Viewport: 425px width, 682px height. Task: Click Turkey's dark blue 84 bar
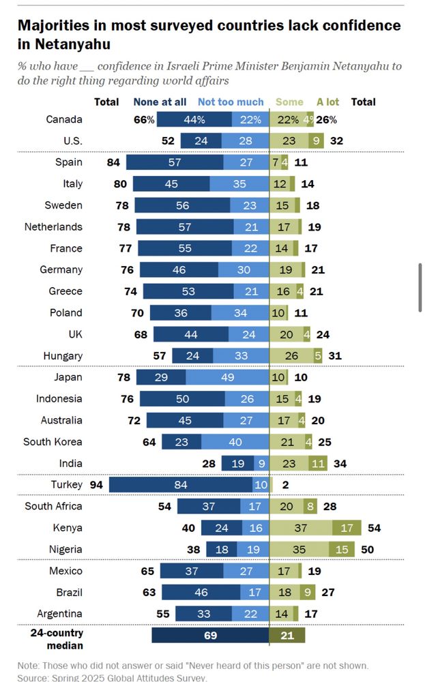[181, 484]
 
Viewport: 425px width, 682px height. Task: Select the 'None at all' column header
[160, 102]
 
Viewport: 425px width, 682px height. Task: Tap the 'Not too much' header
[231, 102]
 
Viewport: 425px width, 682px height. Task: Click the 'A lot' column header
[327, 102]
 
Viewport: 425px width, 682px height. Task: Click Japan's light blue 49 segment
[228, 377]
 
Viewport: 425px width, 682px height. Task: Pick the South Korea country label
[53, 442]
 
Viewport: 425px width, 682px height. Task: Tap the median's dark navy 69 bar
[210, 636]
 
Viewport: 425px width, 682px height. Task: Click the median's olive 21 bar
[287, 636]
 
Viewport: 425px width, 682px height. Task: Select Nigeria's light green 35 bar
[299, 549]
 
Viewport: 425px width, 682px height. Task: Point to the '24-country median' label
[57, 640]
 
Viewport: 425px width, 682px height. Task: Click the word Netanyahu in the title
[63, 44]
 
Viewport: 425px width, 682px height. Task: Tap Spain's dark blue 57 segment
[178, 162]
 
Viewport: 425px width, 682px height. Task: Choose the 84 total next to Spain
[115, 162]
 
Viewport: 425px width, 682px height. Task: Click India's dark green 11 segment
[318, 463]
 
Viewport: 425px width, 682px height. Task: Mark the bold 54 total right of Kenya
[374, 528]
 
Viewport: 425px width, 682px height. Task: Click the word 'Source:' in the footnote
[35, 677]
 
